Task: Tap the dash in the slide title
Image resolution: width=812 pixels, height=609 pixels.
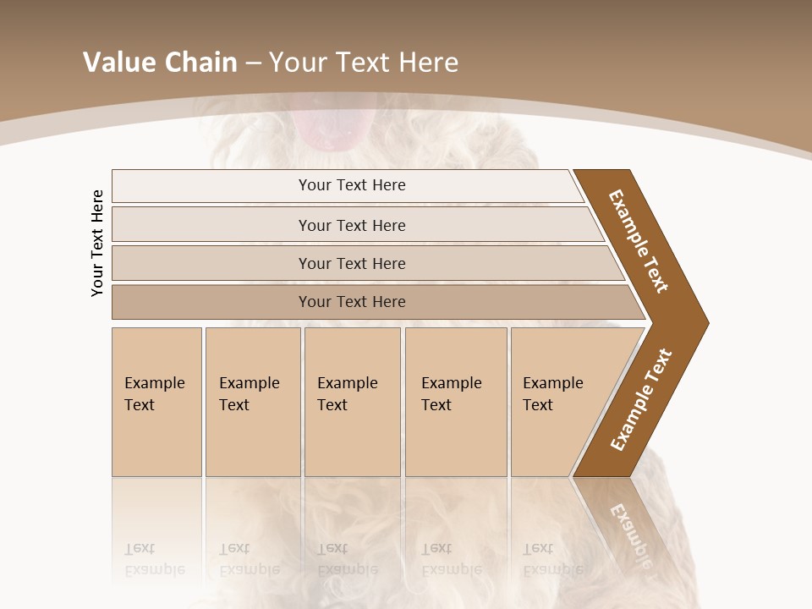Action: pos(253,63)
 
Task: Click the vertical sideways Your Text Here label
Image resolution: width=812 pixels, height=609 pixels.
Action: pos(97,243)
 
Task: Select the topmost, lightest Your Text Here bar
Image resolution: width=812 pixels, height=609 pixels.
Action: pos(351,185)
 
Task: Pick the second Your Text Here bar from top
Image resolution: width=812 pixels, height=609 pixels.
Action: pos(351,225)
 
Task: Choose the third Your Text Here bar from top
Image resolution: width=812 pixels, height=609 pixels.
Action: pos(351,263)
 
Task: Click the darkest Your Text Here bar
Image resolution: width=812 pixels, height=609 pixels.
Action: pos(351,302)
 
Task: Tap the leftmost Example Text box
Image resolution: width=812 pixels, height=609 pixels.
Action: pos(156,401)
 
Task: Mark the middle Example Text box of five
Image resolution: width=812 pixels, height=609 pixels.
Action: pos(351,401)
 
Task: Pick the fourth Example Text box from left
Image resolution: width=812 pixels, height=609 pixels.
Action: pos(455,401)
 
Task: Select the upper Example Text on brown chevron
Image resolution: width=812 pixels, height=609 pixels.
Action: pos(639,241)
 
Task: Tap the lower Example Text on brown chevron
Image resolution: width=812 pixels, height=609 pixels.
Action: pos(641,400)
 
